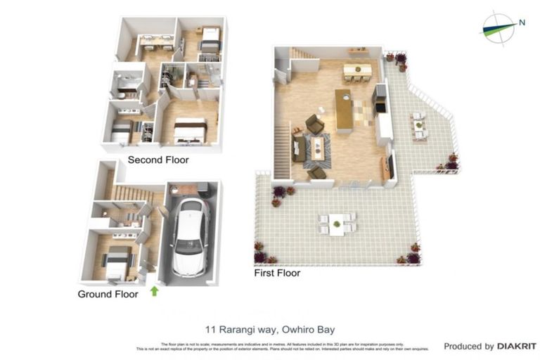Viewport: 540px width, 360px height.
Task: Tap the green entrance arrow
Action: point(154,290)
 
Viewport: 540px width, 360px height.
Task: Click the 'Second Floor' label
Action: point(157,160)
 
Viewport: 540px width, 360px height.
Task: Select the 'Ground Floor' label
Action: point(108,294)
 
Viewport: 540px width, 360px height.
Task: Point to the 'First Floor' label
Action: point(277,273)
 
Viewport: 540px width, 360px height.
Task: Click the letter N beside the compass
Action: point(522,22)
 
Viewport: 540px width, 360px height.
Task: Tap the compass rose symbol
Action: point(499,27)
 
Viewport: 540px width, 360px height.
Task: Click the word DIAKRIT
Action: point(517,346)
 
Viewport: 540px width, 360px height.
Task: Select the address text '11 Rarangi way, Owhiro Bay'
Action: point(270,328)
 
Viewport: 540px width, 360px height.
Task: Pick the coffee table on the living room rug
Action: point(318,148)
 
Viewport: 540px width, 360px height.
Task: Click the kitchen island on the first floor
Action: point(344,110)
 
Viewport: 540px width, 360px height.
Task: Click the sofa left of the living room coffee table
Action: point(300,148)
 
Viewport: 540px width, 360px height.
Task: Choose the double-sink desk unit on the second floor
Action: point(156,41)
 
